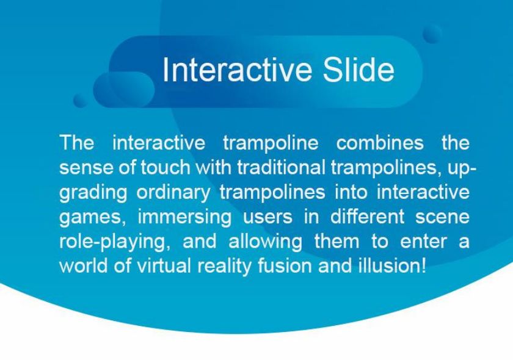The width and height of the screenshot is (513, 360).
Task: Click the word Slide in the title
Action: tap(358, 70)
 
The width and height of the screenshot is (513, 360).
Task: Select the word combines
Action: tap(380, 143)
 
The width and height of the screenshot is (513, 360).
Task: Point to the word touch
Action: tap(166, 167)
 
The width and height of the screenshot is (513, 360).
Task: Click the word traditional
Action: tap(282, 167)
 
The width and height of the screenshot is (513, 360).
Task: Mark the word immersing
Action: tap(184, 217)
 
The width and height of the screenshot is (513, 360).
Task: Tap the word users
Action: tap(267, 217)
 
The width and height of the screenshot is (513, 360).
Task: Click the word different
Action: tap(367, 217)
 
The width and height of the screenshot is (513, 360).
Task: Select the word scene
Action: tap(442, 217)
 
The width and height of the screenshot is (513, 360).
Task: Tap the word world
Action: tap(84, 265)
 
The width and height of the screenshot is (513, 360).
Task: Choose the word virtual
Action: tap(164, 265)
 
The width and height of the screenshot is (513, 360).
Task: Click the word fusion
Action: tap(285, 265)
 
